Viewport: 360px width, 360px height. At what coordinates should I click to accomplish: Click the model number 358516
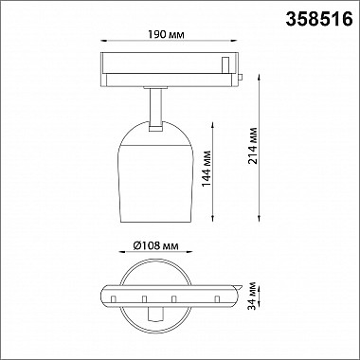(x=319, y=19)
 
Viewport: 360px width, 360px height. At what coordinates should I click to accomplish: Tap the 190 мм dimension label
(x=166, y=35)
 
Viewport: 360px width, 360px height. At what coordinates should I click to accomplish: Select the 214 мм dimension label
(x=253, y=146)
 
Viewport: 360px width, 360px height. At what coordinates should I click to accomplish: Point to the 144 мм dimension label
(x=206, y=170)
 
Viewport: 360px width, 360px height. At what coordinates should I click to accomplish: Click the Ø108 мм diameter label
(x=155, y=245)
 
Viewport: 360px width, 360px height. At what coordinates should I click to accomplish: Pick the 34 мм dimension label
(x=252, y=296)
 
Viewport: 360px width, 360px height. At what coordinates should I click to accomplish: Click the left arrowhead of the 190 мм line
(x=103, y=41)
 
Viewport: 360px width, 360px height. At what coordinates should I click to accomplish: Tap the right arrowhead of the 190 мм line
(x=234, y=41)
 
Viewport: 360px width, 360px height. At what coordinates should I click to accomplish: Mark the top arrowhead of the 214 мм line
(x=260, y=77)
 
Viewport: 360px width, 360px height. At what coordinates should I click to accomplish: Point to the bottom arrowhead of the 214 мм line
(x=260, y=219)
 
